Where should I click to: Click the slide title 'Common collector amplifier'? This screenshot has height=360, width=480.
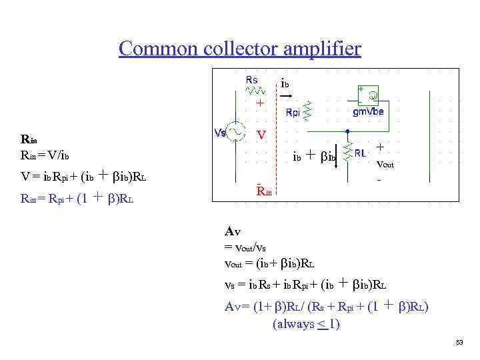[x=240, y=49]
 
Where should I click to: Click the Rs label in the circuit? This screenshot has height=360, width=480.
[x=251, y=79]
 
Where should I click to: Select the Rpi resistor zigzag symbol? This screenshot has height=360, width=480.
[x=308, y=111]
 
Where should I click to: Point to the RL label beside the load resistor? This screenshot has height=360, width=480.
[x=361, y=152]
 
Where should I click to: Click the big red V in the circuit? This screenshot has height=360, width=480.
[x=263, y=135]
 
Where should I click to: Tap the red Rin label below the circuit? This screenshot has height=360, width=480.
[x=265, y=192]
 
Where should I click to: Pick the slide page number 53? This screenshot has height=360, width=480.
[x=459, y=343]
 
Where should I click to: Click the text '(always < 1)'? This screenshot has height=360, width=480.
[x=306, y=324]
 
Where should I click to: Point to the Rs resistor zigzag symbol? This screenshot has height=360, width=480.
[x=255, y=90]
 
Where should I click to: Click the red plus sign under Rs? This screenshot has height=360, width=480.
[x=261, y=104]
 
